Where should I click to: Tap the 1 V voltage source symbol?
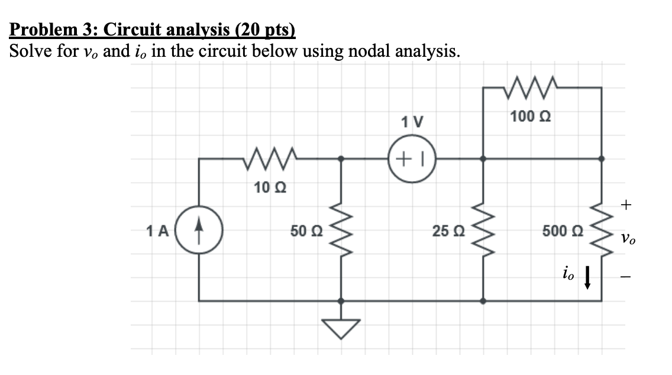[412, 159]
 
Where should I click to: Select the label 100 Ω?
[527, 117]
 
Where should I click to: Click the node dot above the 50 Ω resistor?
[341, 159]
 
